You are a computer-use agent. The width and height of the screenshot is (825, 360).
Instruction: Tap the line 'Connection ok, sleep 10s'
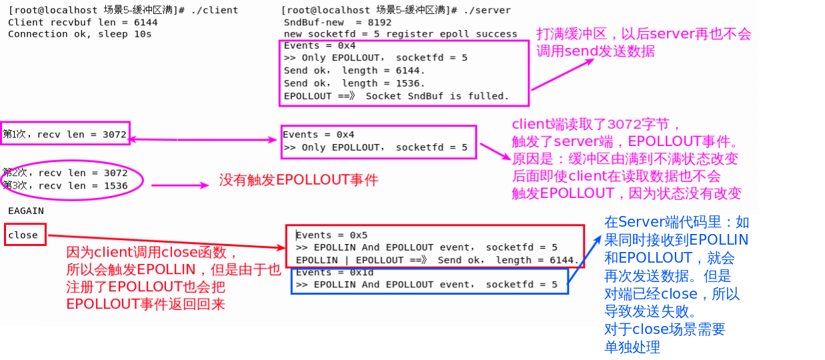(x=79, y=34)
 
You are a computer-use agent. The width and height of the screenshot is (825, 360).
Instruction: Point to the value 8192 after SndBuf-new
(x=378, y=22)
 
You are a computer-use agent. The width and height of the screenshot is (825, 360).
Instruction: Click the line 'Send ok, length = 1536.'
(x=354, y=83)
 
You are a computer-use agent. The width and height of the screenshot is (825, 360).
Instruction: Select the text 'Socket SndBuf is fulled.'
(x=438, y=96)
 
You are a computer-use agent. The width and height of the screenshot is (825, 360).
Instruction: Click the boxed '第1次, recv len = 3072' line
(x=65, y=135)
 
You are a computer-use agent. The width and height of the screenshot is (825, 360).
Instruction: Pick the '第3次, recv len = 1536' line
(x=65, y=186)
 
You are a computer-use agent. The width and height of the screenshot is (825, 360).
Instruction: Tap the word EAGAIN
(x=26, y=211)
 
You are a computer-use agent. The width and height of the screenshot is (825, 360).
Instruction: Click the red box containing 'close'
(x=25, y=235)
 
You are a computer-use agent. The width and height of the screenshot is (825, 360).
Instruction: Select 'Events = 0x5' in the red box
(x=331, y=235)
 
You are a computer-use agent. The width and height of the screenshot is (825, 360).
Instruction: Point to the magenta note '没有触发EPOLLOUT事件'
(x=298, y=180)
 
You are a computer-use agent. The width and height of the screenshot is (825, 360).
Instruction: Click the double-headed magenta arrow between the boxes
(x=203, y=139)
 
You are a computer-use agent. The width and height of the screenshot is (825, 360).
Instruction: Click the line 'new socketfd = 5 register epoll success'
(x=400, y=34)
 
